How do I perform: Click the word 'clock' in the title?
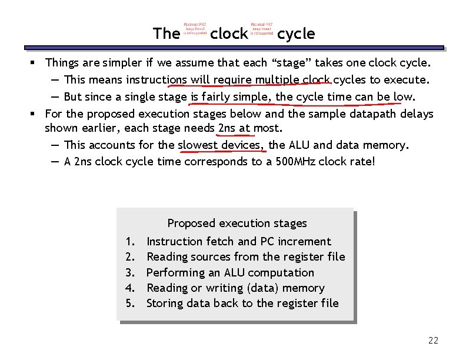pos(229,34)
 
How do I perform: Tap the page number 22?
pos(434,341)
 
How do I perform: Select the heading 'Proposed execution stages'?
pos(237,224)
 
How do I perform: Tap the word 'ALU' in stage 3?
pos(235,273)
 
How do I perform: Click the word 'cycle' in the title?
pos(296,34)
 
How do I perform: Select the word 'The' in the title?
pos(166,34)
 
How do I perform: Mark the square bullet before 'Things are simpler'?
pos(36,62)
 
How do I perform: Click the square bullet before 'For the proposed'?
pos(36,114)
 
